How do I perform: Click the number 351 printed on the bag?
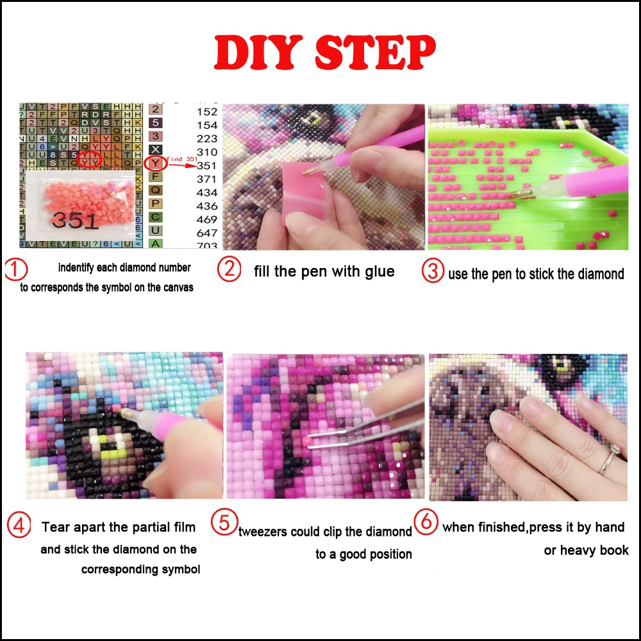75,220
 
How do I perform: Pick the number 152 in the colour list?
207,112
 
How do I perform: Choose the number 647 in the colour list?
207,233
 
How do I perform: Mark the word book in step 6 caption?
613,550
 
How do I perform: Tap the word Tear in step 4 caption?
56,528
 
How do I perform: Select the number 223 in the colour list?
207,139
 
